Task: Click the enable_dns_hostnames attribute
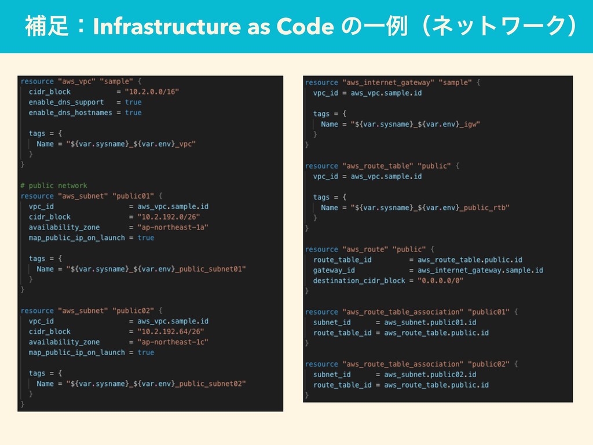[70, 112]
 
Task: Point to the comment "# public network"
[53, 185]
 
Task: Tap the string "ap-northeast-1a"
[173, 227]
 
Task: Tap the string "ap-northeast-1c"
[173, 342]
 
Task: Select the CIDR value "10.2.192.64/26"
[171, 331]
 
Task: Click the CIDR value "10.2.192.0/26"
[169, 217]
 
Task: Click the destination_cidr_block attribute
[359, 280]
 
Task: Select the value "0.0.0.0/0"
[441, 280]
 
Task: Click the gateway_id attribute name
[334, 270]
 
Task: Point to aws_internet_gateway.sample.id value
[480, 270]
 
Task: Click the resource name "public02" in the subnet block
[133, 311]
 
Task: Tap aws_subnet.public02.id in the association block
[430, 374]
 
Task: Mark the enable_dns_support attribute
[66, 102]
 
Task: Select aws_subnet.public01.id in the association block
[430, 322]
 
